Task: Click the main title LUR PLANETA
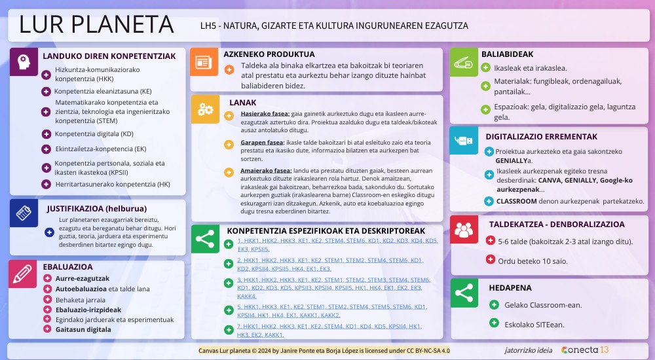96,24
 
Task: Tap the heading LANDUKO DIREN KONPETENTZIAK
109,56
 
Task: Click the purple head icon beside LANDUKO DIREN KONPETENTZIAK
24,62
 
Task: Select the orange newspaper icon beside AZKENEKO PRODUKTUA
204,62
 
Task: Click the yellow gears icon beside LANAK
205,109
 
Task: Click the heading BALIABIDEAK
507,54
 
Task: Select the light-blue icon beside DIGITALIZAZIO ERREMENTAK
464,140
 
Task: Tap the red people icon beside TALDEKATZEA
464,230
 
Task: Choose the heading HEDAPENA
510,287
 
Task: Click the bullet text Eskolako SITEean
534,324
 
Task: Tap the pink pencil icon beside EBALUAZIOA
23,274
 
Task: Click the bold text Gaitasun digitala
83,329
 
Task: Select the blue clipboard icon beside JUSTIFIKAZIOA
24,213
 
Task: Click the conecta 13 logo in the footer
585,350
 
